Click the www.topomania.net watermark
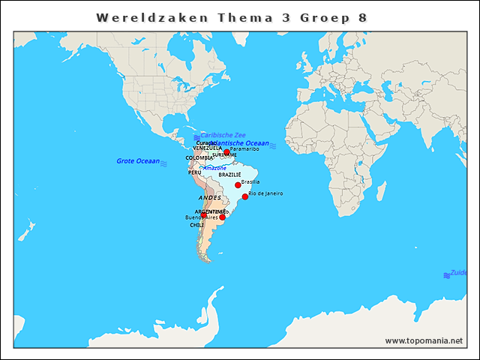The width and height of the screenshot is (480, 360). pos(424,341)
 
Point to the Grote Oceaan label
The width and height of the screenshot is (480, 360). pos(138,161)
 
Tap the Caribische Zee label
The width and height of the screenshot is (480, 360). pos(223,135)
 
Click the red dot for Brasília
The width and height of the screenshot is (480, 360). pos(238,184)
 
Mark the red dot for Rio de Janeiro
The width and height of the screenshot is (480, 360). pos(245,196)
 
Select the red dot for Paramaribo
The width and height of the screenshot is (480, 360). pos(226,152)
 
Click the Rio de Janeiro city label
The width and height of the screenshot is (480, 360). pos(265,193)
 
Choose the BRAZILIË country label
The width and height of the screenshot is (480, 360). pos(229,175)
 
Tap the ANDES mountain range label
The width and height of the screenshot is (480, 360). pos(210,198)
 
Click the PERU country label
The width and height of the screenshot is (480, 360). pos(194,172)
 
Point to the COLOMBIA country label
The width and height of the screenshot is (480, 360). pos(199,157)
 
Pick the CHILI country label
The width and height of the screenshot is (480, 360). pos(196,225)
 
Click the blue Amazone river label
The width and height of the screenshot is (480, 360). pos(215,168)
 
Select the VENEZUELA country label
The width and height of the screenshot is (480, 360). pos(206,148)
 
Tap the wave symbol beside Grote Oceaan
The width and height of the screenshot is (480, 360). pos(163,162)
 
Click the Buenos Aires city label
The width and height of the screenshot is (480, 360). pos(201,217)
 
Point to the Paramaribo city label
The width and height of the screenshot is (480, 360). pos(244,149)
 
